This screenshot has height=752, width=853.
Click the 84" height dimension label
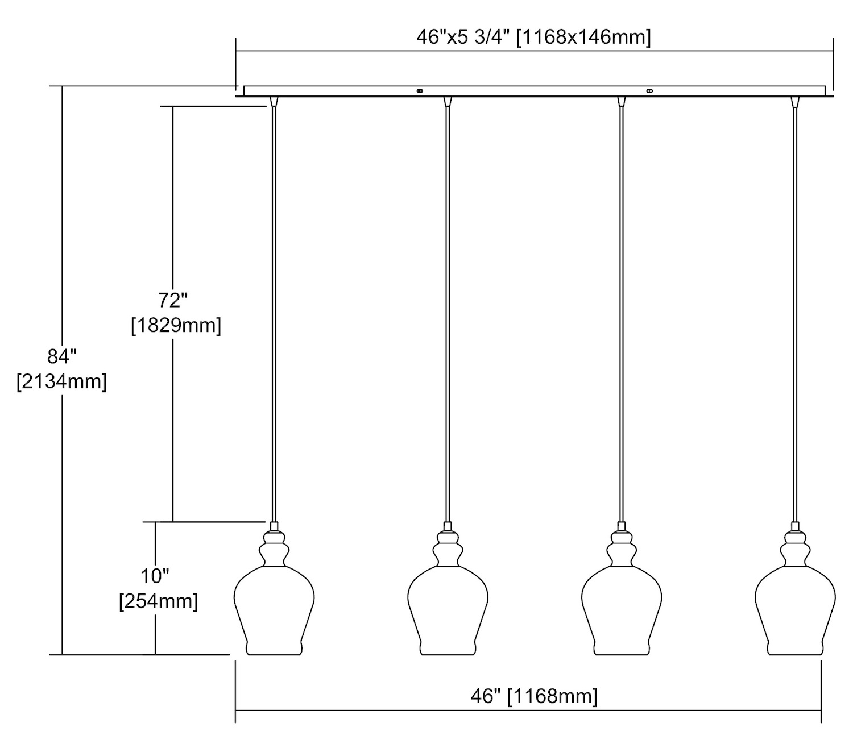point(61,356)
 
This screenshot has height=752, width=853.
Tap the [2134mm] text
point(61,381)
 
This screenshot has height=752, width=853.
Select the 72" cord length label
point(173,300)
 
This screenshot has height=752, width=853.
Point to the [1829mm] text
point(176,326)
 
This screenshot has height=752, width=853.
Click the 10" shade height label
point(155,576)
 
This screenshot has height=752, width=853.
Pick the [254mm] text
point(158,601)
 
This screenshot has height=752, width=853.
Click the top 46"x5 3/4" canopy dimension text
point(533,38)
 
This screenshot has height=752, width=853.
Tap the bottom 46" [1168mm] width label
point(533,696)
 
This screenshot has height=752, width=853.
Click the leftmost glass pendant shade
point(274,608)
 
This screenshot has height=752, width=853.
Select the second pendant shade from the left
point(448,608)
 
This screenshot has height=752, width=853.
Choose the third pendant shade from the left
point(622,608)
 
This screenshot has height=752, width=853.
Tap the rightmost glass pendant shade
point(795,608)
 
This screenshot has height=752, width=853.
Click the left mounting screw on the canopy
point(420,90)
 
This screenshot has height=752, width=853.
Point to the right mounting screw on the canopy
point(649,90)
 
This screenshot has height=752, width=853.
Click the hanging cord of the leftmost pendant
point(274,313)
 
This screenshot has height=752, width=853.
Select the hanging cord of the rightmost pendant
point(795,313)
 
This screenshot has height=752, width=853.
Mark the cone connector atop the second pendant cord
point(448,102)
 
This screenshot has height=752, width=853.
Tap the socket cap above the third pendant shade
point(622,526)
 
